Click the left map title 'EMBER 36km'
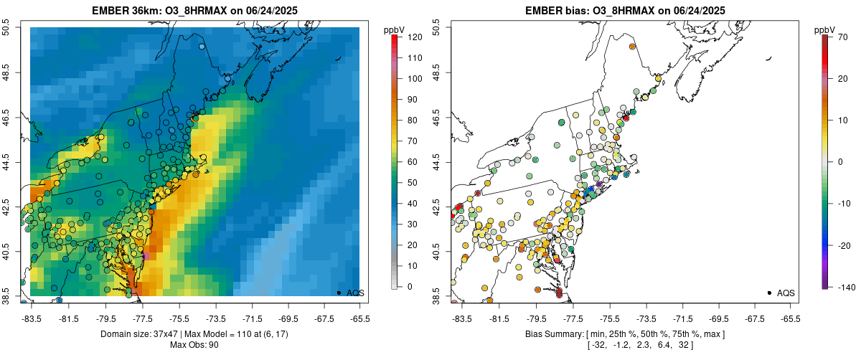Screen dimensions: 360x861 121,11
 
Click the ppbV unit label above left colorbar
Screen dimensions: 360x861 395,29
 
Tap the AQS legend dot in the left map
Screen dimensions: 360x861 339,293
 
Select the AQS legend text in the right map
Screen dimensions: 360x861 786,293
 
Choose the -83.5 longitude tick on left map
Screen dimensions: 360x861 31,318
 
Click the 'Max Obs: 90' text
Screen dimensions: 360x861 194,345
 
